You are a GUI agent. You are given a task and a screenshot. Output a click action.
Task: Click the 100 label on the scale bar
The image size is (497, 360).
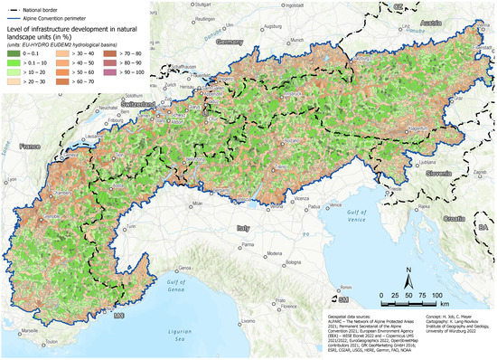click(439, 296)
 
